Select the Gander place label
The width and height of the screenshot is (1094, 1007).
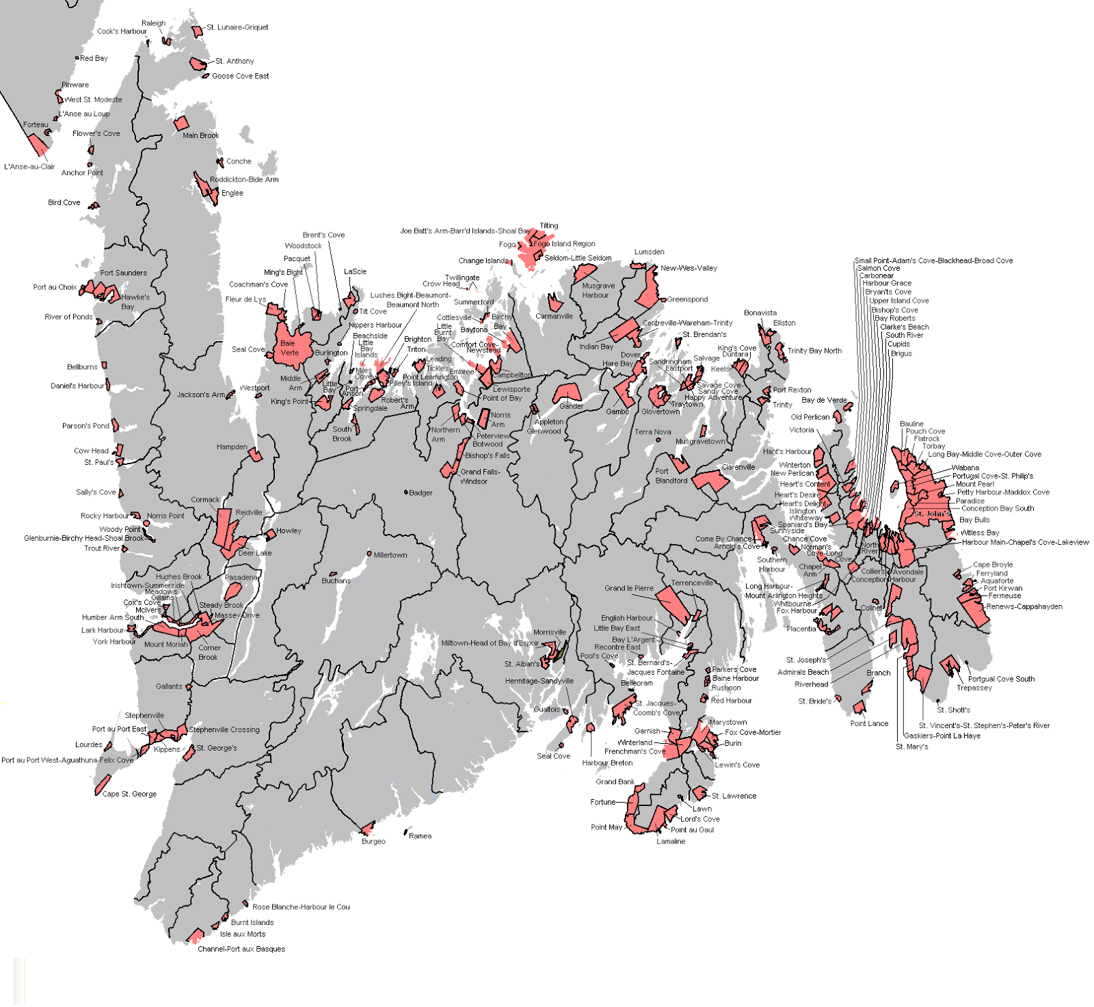click(571, 406)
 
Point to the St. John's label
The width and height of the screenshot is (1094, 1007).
click(931, 513)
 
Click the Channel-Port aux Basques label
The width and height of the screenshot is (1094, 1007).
click(241, 949)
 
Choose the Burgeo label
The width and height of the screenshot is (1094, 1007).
click(373, 842)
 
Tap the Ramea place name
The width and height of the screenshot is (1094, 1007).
click(420, 835)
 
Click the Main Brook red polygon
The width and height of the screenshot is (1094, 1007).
click(181, 124)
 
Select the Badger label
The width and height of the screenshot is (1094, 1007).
click(421, 492)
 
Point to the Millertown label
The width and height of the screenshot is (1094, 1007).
click(390, 555)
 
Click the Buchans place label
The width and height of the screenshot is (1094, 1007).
click(336, 581)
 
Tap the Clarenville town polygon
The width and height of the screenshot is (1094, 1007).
click(711, 481)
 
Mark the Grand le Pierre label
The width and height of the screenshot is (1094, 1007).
click(628, 588)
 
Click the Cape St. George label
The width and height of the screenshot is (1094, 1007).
click(129, 794)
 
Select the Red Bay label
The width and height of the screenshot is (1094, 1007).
click(94, 58)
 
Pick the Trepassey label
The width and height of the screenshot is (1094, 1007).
click(974, 688)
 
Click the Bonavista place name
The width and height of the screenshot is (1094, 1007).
click(760, 312)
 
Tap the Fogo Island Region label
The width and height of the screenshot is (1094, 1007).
click(564, 243)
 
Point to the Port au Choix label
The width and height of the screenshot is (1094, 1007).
click(55, 287)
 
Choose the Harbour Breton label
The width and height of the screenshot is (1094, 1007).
click(607, 763)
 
